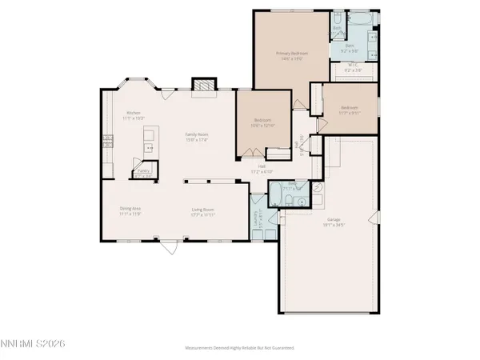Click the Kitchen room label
click(134, 113)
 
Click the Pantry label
click(144, 170)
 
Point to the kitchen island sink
click(149, 148)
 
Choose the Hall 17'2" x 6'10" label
click(261, 169)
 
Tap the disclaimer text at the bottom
click(240, 348)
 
